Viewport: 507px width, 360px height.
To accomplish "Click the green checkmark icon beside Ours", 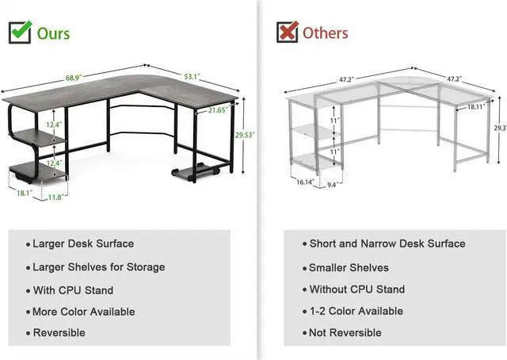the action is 21,31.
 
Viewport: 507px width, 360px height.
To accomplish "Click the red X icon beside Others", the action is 287,32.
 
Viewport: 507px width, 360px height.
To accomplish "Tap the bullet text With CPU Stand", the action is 73,290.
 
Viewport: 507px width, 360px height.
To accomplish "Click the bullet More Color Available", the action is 84,312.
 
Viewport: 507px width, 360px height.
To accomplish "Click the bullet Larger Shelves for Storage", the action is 99,267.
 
